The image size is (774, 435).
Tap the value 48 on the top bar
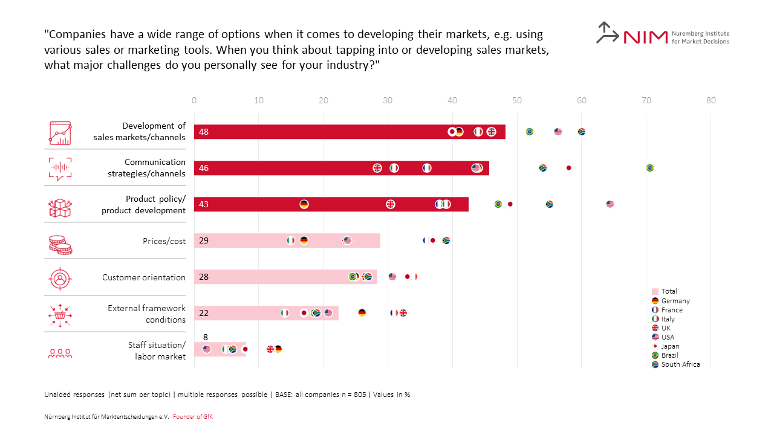tap(204, 132)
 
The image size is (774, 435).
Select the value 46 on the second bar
tap(204, 168)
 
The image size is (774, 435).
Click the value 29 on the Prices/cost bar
tap(204, 240)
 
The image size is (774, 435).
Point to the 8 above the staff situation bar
tap(206, 337)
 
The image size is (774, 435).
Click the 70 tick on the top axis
tap(646, 100)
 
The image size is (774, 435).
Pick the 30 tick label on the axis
tap(388, 100)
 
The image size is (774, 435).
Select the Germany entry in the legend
tap(675, 301)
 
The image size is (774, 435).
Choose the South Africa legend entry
tap(680, 364)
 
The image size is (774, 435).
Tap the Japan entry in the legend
tap(670, 346)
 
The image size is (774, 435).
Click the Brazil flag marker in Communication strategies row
tap(650, 168)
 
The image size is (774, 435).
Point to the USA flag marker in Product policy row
tap(610, 204)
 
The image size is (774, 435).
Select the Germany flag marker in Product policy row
tap(304, 204)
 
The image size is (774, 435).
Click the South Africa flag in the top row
tap(582, 132)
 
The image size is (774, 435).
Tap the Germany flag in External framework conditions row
tap(362, 313)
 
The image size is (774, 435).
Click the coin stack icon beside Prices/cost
tap(60, 245)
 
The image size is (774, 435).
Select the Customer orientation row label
tap(144, 277)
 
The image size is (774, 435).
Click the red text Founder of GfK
tap(193, 417)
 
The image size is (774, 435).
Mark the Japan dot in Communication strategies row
tap(568, 168)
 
